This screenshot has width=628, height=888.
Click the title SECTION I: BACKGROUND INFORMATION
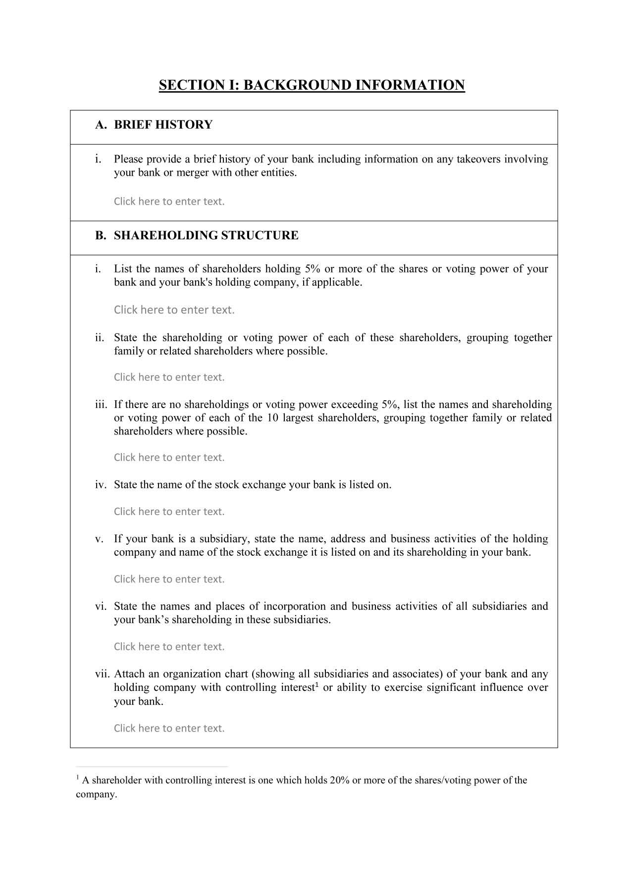tap(312, 85)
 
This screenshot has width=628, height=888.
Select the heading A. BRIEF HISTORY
tap(154, 125)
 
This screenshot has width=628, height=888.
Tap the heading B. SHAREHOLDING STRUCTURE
tap(197, 235)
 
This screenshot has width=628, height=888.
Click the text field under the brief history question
tap(169, 202)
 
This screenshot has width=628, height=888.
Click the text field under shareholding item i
tap(174, 310)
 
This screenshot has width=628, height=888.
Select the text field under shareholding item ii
tap(169, 377)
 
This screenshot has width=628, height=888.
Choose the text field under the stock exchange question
tap(169, 512)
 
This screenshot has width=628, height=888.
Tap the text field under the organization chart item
tap(169, 729)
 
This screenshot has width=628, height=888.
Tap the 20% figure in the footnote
tap(339, 781)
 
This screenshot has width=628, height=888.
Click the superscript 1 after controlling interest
tap(316, 684)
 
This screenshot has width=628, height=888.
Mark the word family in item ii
tap(128, 352)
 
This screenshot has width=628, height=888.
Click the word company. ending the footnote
tap(96, 795)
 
